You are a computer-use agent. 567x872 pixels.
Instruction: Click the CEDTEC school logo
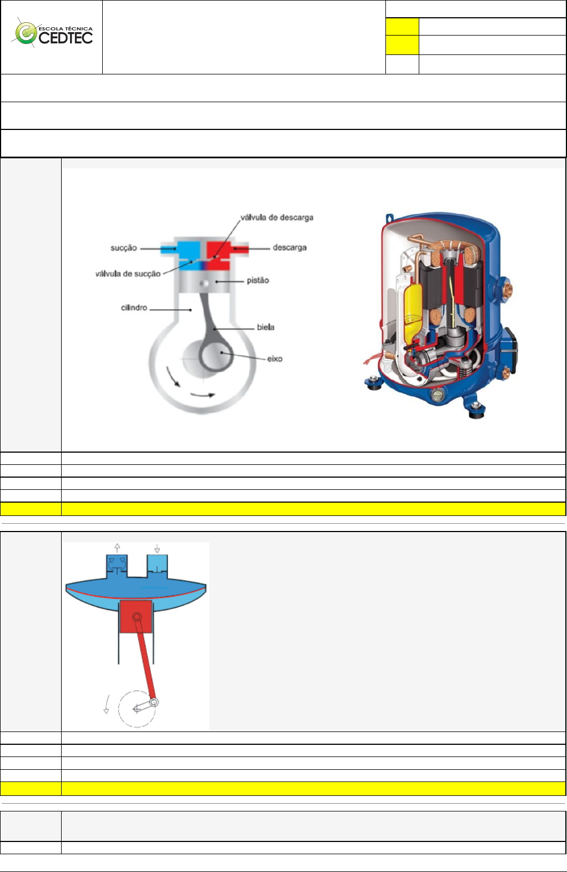tap(53, 34)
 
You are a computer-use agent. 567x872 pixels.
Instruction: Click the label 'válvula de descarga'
tap(277, 218)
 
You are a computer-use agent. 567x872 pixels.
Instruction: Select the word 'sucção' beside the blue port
tap(123, 248)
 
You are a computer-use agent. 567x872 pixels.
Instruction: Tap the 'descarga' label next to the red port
tap(289, 248)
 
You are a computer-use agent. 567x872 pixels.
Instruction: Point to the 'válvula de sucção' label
tap(128, 274)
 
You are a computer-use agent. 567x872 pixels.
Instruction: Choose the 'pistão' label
tap(258, 280)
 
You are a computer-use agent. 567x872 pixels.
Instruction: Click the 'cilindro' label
tap(134, 308)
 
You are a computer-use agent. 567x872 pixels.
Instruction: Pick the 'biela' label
tap(265, 327)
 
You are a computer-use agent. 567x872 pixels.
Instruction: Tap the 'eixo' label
tap(274, 359)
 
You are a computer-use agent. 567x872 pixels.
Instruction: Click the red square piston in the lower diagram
tap(136, 616)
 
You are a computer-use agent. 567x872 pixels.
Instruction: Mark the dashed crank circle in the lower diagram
tap(136, 709)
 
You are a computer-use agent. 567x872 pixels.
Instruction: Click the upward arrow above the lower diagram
tap(117, 548)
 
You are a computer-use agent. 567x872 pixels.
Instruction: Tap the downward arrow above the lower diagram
tap(157, 548)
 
